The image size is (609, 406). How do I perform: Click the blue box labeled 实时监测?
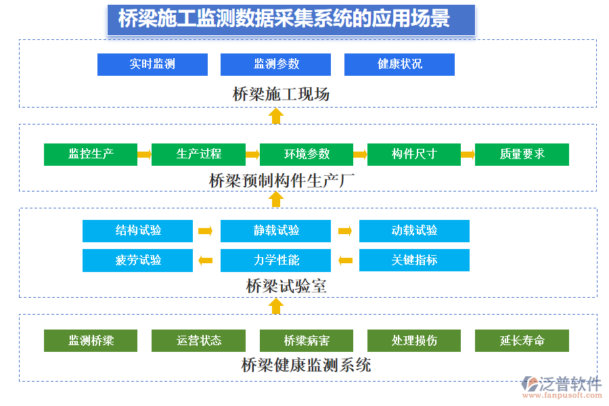point(152,64)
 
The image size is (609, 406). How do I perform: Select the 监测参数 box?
point(275,64)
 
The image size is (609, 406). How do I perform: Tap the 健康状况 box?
point(399,64)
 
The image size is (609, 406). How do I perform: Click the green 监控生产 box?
point(91,154)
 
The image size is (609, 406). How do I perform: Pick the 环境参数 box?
point(307,154)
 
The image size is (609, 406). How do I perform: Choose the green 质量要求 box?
point(522,154)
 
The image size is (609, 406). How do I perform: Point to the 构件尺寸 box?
point(414,154)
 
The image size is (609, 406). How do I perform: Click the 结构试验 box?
point(137,231)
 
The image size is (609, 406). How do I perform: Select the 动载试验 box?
point(414,231)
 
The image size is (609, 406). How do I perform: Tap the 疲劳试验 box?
point(137,261)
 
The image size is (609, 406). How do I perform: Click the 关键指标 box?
point(414,261)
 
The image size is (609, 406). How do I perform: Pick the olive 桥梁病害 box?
point(307,340)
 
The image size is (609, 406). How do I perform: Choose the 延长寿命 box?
point(522,340)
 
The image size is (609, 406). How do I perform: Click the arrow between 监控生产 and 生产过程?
point(144,154)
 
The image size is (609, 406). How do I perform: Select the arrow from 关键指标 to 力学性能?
point(345,261)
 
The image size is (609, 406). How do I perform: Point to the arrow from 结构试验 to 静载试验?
point(206,231)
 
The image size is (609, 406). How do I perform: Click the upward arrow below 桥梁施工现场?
point(275,116)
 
